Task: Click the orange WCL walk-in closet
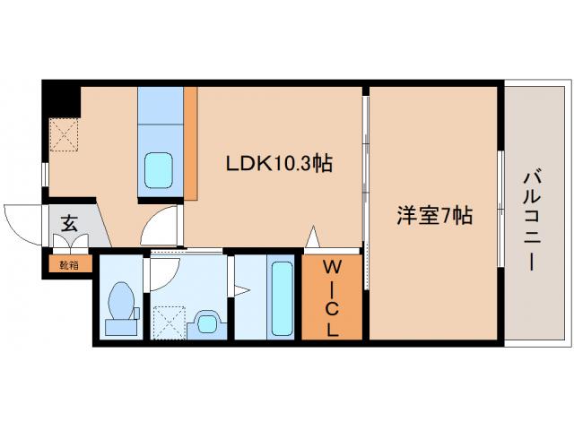coord(332,297)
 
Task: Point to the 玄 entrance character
coord(69,224)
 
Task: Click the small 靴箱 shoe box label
coord(69,264)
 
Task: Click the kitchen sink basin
coord(160,168)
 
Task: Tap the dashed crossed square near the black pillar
coord(64,134)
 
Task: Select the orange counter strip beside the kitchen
coord(189,143)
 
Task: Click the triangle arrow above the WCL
coord(312,238)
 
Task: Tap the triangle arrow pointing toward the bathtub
coord(241,289)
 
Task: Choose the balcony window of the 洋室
coord(499,208)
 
